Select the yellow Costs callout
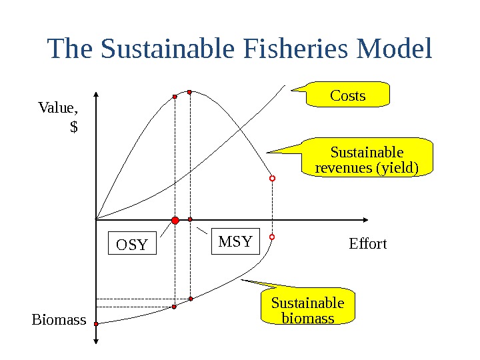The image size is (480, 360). click(347, 95)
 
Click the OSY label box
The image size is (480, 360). click(131, 245)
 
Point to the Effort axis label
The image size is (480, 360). click(367, 244)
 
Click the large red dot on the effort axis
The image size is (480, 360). click(175, 220)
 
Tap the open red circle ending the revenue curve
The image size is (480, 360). click(273, 179)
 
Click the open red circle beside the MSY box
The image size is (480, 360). click(273, 237)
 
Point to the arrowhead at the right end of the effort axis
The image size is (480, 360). click(365, 219)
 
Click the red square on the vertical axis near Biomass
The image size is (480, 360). click(96, 323)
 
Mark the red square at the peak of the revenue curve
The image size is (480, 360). click(190, 92)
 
